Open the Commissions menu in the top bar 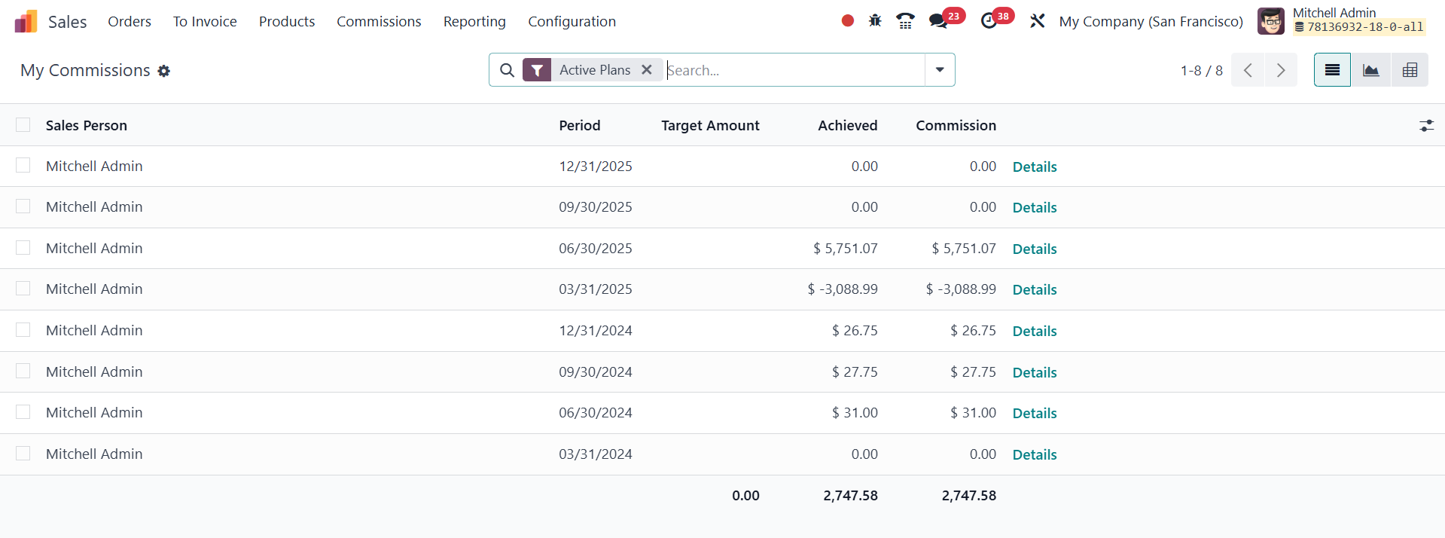pos(379,22)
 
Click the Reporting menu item pos(474,22)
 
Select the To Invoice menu pos(205,22)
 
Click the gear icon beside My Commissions pos(164,71)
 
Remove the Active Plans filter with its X pos(647,70)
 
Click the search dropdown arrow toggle pos(940,70)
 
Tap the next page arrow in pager pos(1280,70)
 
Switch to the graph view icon pos(1370,70)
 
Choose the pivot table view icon pos(1410,70)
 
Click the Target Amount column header pos(710,126)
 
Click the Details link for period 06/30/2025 pos(1035,249)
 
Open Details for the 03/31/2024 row pos(1035,454)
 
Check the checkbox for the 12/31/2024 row pos(23,330)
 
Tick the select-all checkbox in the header pos(23,125)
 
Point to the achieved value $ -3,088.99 pos(843,289)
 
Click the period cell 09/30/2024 pos(595,371)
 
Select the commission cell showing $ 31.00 pos(973,413)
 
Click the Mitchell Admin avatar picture pos(1271,21)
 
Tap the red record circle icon pos(848,21)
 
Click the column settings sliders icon pos(1426,126)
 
